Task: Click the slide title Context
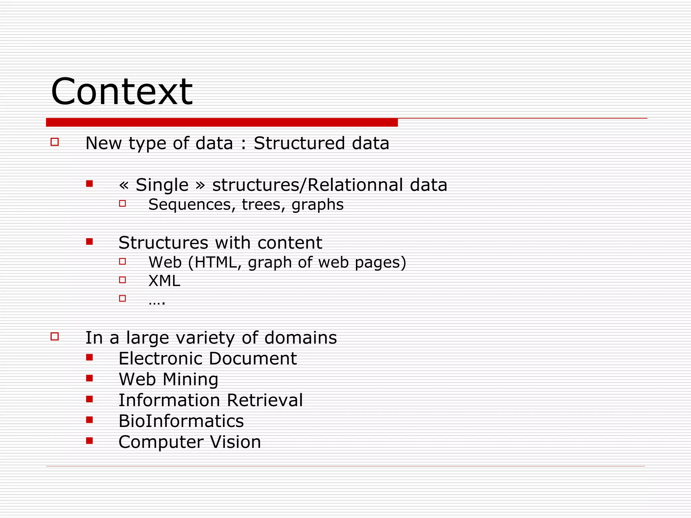tap(121, 92)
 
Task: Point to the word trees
tap(262, 205)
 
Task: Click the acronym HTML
tap(216, 262)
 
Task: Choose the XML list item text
tap(164, 281)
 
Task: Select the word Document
tap(253, 358)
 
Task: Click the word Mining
tap(191, 379)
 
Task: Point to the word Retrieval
tap(265, 400)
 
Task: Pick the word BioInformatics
tap(181, 421)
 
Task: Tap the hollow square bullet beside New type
tap(55, 142)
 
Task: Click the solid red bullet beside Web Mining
tap(89, 378)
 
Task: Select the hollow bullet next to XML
tap(122, 280)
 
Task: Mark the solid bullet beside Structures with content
tap(89, 241)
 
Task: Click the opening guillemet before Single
tap(124, 185)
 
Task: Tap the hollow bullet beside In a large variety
tap(55, 336)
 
